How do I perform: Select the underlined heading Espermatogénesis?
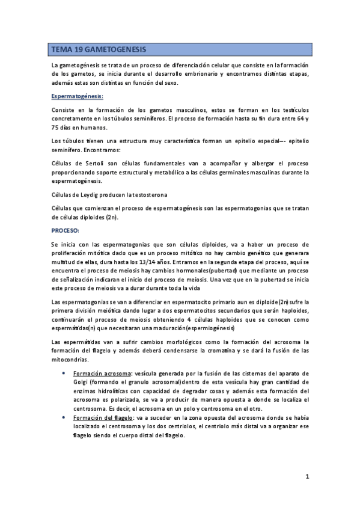(x=78, y=96)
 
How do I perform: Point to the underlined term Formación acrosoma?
(x=99, y=373)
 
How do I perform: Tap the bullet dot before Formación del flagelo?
(x=65, y=417)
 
